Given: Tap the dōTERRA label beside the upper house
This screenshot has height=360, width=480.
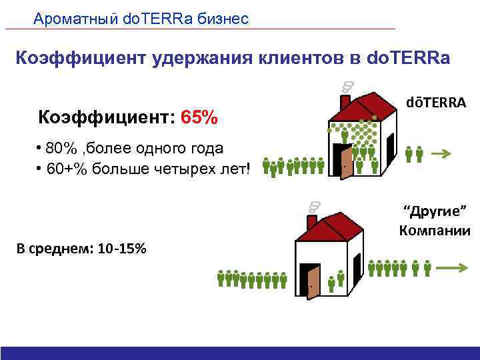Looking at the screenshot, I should (x=436, y=103).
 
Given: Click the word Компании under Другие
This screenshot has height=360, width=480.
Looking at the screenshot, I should (x=435, y=231).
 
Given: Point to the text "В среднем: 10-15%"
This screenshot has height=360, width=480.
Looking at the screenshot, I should (x=83, y=249).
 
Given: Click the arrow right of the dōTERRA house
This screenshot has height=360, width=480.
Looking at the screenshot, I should (x=440, y=154).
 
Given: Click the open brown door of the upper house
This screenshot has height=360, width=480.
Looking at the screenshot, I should (x=346, y=162).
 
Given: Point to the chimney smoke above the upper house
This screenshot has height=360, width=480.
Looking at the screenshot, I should (x=347, y=86).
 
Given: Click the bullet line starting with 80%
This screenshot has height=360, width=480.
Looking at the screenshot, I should (x=130, y=148).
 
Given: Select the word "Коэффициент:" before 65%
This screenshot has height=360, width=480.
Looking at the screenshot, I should (x=107, y=118).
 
